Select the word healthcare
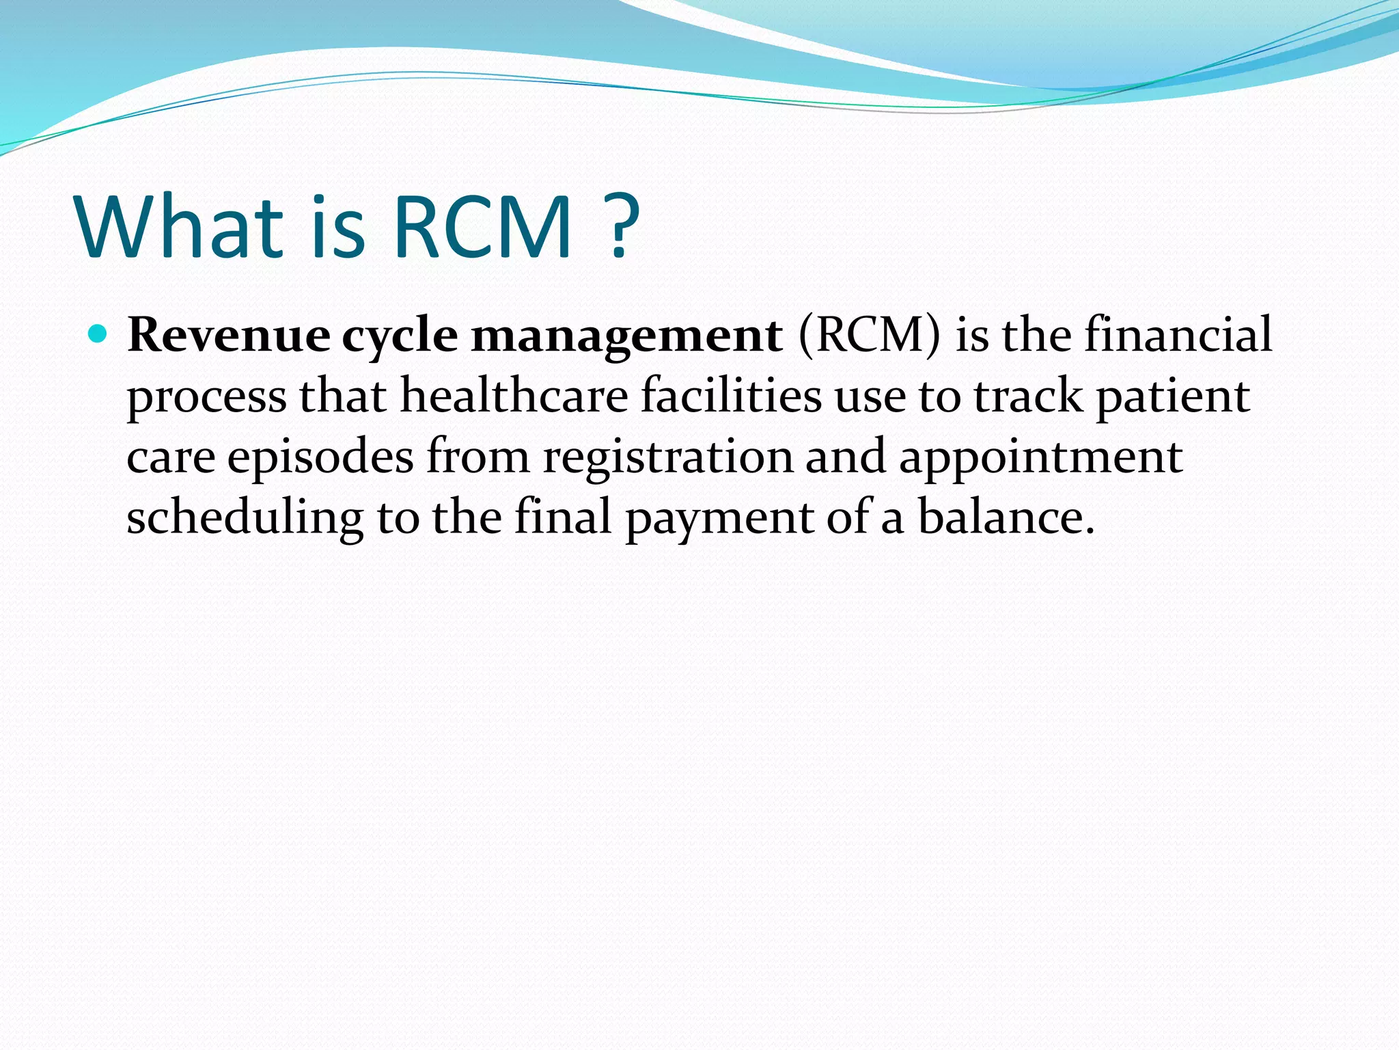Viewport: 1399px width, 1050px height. pos(514,396)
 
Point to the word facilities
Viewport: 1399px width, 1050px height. pos(731,396)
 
